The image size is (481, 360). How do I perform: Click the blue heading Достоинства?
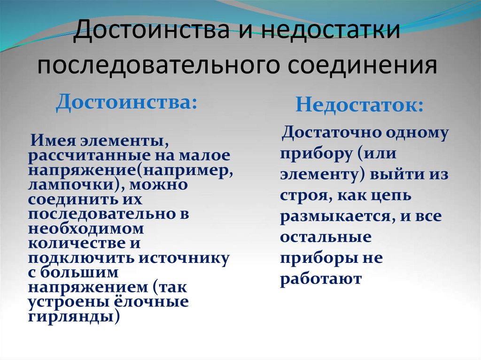pyautogui.click(x=126, y=102)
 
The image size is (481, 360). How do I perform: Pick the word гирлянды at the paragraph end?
pyautogui.click(x=71, y=316)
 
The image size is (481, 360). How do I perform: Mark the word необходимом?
pyautogui.click(x=85, y=229)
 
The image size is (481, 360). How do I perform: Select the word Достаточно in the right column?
pyautogui.click(x=332, y=133)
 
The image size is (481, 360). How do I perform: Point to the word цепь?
pyautogui.click(x=392, y=195)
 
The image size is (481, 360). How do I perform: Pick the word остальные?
pyautogui.click(x=325, y=237)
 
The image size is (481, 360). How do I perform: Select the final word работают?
pyautogui.click(x=321, y=279)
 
